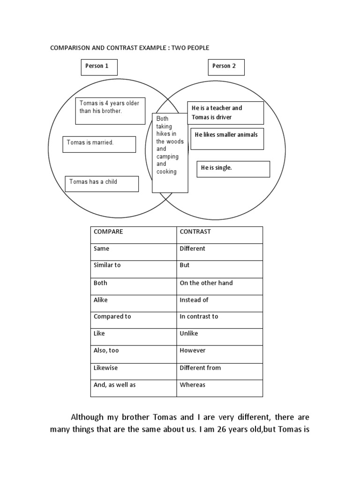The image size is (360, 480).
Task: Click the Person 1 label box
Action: click(98, 67)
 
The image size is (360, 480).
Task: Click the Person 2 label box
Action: click(226, 67)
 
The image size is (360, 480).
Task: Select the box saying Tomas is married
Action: click(99, 144)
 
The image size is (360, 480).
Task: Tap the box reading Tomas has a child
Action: click(101, 183)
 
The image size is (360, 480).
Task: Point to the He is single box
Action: click(233, 169)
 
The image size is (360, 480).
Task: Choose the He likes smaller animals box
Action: click(227, 138)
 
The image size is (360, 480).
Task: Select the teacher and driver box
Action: click(225, 113)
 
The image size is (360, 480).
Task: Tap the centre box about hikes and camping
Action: click(170, 152)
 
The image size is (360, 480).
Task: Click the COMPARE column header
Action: click(134, 235)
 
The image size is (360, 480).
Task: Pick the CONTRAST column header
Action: click(219, 235)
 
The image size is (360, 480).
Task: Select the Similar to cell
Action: click(134, 269)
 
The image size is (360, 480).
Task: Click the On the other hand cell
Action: click(219, 286)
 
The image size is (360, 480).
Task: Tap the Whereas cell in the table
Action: click(219, 388)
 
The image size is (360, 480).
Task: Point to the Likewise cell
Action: click(134, 371)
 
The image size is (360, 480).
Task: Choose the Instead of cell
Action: click(219, 303)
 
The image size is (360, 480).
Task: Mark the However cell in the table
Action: click(219, 354)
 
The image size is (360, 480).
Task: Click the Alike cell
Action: click(134, 303)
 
